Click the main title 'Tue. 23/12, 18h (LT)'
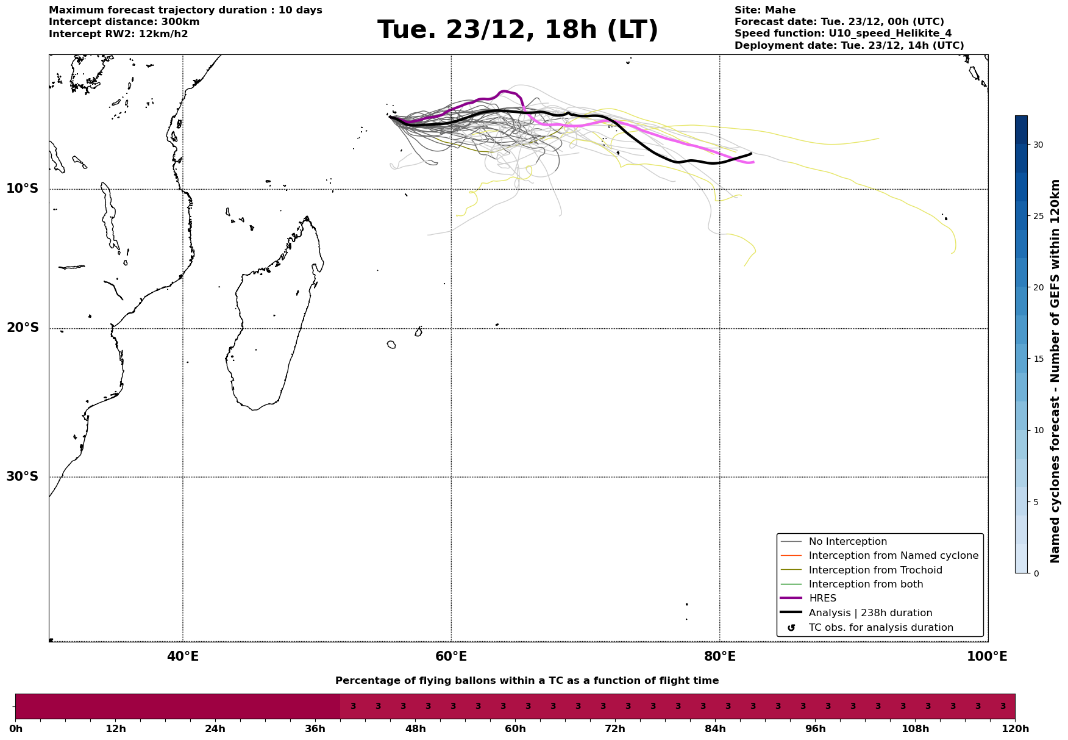click(518, 30)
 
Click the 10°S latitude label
click(23, 189)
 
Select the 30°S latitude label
click(23, 476)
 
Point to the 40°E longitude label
click(183, 657)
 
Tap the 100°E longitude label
click(987, 657)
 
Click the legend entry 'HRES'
click(822, 598)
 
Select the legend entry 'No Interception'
click(847, 542)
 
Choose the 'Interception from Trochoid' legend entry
click(875, 570)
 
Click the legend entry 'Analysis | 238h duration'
click(870, 613)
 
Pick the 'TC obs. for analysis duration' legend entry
click(880, 628)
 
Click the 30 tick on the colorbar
click(1038, 145)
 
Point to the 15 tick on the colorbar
click(1038, 359)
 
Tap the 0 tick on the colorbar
click(1036, 573)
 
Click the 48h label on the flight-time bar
click(416, 728)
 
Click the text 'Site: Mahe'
click(764, 10)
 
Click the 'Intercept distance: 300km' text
click(124, 22)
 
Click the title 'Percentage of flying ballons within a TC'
click(527, 681)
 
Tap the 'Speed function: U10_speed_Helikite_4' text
click(842, 34)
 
